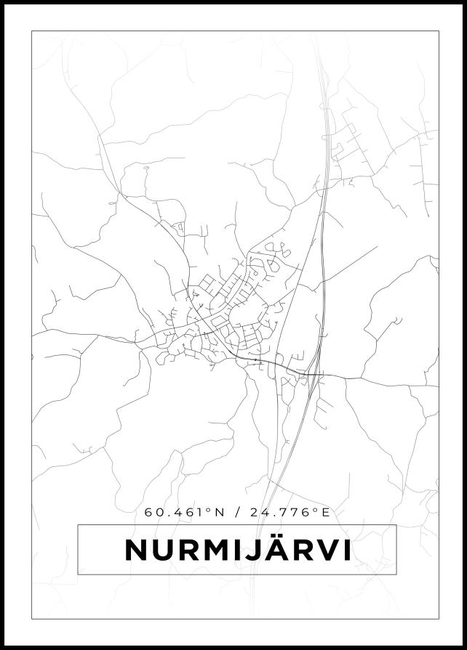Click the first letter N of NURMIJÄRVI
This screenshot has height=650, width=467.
tap(137, 550)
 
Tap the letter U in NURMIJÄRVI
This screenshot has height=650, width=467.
tap(164, 550)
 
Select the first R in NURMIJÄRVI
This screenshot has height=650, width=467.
tap(190, 550)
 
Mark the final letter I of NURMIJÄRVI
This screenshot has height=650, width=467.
tap(350, 550)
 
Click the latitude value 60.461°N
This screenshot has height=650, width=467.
tap(183, 512)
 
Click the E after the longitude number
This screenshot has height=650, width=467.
tap(326, 512)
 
